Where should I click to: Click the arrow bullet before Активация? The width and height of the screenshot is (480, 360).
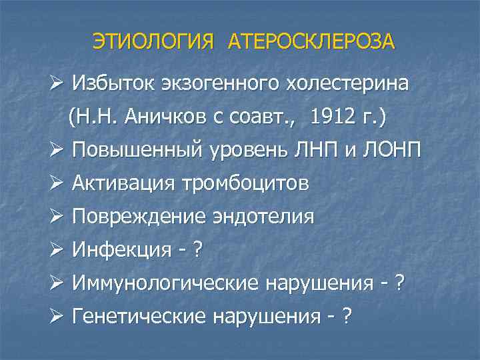[x=55, y=183]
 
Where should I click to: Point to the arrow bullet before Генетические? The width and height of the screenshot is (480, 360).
[x=55, y=317]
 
